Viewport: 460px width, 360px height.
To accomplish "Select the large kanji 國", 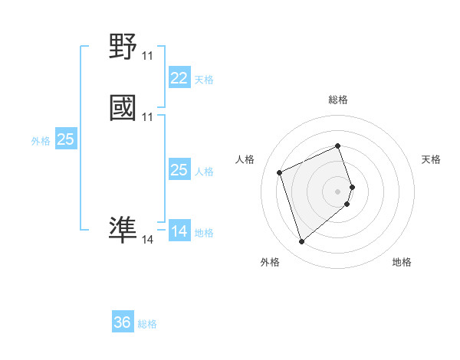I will click(x=123, y=108).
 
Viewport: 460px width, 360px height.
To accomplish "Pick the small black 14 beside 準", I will click(x=147, y=240).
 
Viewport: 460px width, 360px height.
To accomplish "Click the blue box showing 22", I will click(x=179, y=77).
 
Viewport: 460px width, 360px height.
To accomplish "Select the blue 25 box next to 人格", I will click(x=179, y=170).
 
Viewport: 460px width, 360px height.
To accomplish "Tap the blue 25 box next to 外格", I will click(x=65, y=139).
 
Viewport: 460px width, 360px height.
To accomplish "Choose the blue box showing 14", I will click(x=179, y=231).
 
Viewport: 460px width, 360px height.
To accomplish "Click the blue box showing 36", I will click(x=122, y=322).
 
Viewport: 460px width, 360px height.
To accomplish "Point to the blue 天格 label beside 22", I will click(x=204, y=79).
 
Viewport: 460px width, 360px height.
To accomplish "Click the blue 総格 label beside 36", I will click(x=147, y=324).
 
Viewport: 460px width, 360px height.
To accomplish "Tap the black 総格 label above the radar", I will click(x=337, y=100).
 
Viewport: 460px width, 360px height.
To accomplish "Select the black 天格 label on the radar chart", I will click(x=431, y=159).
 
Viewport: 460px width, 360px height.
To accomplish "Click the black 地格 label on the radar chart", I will click(x=402, y=262).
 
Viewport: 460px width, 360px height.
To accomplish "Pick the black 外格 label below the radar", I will click(x=270, y=262).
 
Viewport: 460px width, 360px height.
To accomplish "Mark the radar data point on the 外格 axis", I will click(x=301, y=242).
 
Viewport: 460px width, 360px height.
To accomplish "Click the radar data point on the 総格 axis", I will click(x=337, y=146).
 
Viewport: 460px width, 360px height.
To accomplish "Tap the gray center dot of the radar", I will click(x=337, y=191).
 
